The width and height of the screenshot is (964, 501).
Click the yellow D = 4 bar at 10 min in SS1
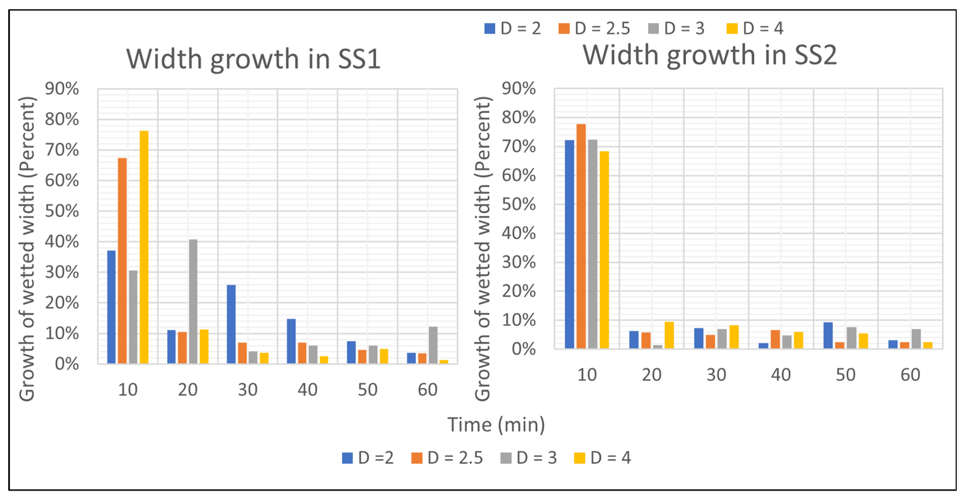pos(144,247)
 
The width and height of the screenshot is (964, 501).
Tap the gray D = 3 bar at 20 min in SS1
pos(193,301)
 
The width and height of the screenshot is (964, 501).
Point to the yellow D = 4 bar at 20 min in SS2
pos(669,335)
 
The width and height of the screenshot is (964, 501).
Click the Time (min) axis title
pos(496,425)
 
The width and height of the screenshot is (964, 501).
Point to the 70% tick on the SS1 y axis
pos(62,150)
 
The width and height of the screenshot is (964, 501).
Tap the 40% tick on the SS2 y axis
pos(519,233)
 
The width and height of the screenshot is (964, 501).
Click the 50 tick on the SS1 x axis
pos(367,390)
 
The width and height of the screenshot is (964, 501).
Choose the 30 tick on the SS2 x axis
pos(716,375)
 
